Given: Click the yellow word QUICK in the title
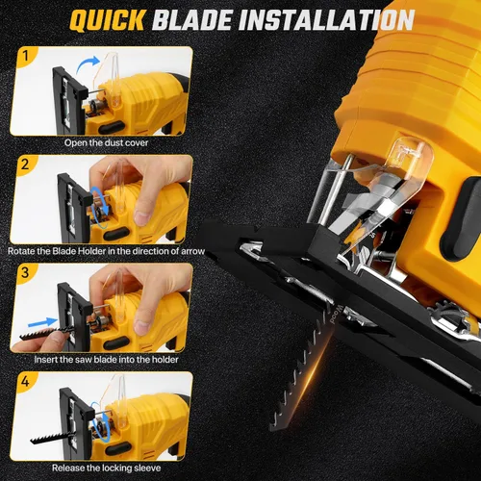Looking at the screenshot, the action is (108, 20).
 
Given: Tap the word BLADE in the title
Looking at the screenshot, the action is (191, 20).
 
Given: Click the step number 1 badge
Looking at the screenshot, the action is (26, 56).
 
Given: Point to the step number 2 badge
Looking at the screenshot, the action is (25, 165).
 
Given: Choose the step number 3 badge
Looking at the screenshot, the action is (25, 273).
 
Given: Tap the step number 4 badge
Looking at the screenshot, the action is (25, 382).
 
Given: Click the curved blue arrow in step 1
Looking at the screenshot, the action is (87, 63).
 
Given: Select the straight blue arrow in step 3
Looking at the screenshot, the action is (42, 322).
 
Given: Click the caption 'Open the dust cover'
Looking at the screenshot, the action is (106, 142).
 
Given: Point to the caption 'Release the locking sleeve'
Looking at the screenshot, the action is (106, 468).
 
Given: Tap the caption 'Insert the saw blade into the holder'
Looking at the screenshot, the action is (106, 360).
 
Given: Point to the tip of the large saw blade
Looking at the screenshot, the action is (271, 429).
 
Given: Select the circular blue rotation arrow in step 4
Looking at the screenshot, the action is (101, 421).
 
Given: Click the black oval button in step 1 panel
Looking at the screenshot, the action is (112, 127).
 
